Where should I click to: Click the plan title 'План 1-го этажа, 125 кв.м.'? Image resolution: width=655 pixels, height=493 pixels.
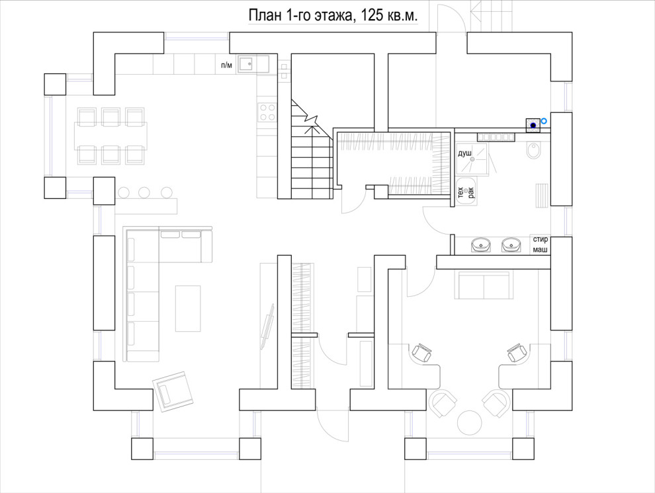[333, 15]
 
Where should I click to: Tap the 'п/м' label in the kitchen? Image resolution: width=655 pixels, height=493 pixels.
[226, 65]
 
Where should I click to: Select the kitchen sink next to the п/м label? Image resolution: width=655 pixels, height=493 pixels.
[246, 64]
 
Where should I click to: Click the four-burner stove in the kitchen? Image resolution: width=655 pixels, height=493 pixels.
[267, 112]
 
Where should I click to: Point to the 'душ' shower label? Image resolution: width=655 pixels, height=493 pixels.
[465, 153]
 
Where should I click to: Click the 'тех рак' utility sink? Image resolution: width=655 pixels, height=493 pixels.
[466, 192]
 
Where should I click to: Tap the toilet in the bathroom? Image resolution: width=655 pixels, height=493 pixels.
[534, 150]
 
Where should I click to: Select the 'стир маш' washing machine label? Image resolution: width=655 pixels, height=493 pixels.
[540, 245]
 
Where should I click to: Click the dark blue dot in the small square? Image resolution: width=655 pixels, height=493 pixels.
[533, 125]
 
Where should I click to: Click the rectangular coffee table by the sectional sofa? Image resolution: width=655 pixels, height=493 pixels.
[188, 308]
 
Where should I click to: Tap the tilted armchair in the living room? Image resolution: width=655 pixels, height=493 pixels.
[173, 391]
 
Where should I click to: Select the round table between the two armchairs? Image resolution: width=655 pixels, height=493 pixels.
[470, 423]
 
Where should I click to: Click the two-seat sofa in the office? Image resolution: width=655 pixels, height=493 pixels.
[484, 285]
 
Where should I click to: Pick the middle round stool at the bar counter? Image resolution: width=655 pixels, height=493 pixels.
[144, 193]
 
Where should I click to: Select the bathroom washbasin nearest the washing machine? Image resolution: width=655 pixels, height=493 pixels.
[511, 245]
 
